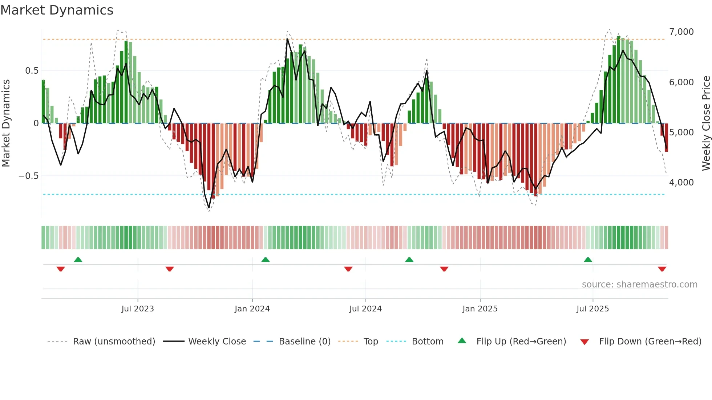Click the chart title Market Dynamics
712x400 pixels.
(57, 10)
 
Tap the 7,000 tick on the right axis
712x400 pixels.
(681, 32)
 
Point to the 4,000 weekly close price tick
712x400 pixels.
(681, 183)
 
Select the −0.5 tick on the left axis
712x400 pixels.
(28, 176)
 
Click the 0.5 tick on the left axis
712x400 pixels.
(32, 71)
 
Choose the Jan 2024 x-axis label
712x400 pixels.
(252, 309)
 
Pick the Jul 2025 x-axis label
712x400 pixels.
(592, 309)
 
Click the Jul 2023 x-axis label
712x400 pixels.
(138, 309)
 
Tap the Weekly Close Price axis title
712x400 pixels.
(706, 123)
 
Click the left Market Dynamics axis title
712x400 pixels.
(6, 123)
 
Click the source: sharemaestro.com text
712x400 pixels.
(639, 285)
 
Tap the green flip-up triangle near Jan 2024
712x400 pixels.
(266, 260)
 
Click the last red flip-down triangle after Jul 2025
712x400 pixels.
(662, 269)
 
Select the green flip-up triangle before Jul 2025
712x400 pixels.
(588, 260)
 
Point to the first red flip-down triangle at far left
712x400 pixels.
(61, 269)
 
